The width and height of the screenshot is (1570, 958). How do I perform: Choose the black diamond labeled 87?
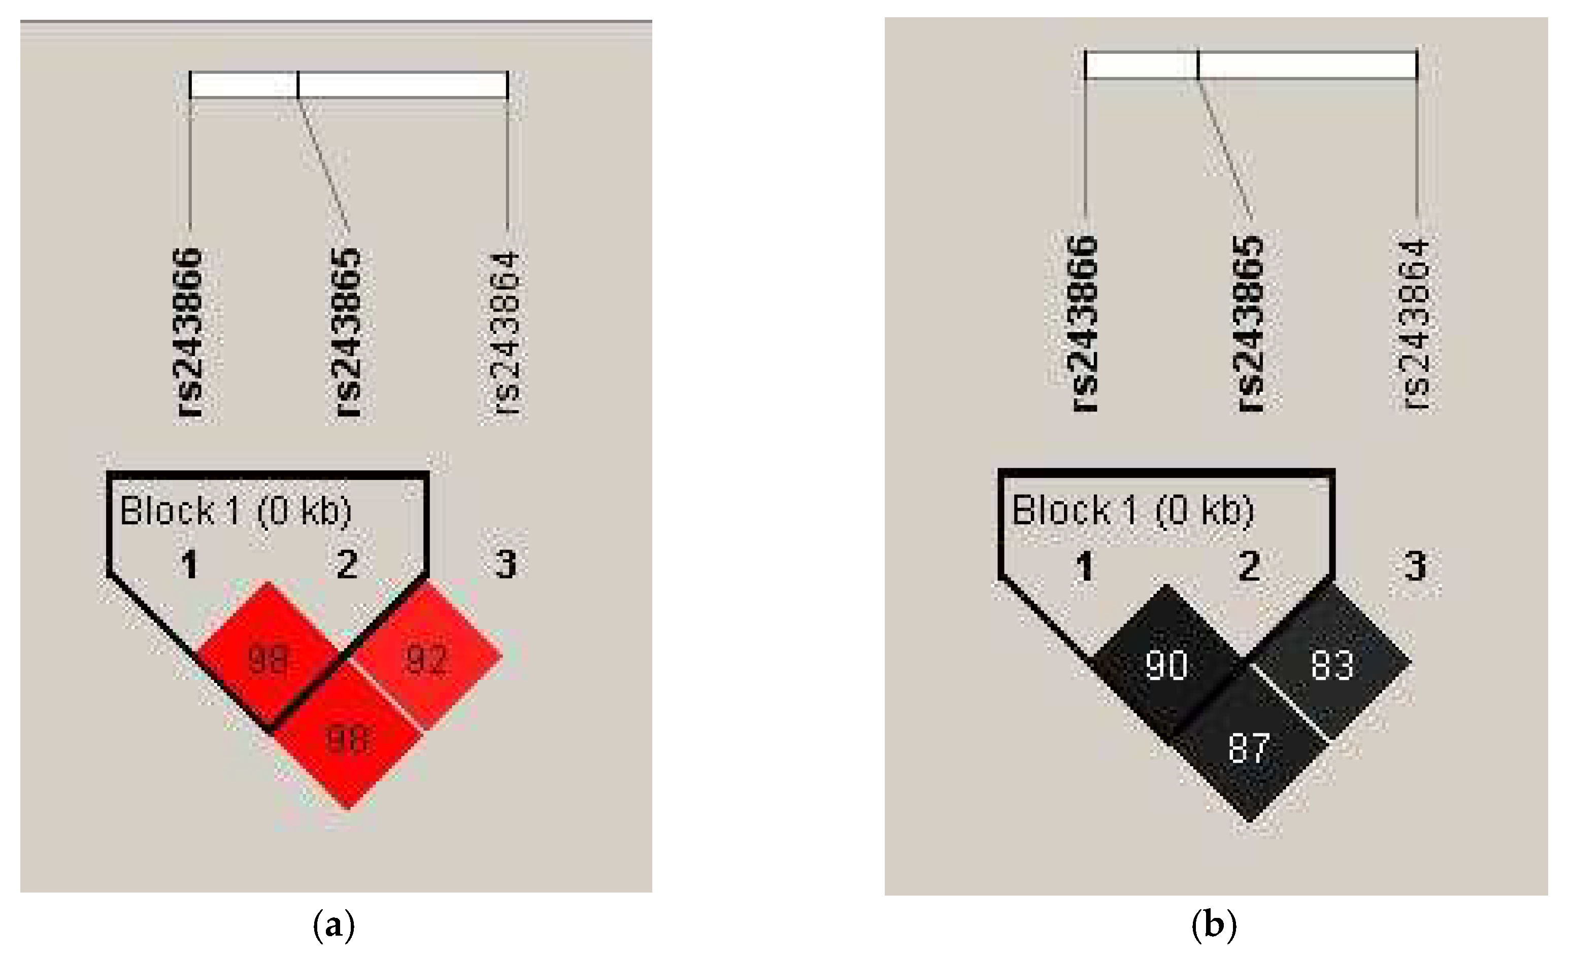1249,748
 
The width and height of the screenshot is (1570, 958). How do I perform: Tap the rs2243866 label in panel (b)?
1083,324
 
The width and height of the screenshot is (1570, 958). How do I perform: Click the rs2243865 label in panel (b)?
1249,324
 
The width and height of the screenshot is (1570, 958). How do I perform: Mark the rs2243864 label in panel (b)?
1415,325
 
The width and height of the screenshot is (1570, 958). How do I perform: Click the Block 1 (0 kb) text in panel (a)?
236,511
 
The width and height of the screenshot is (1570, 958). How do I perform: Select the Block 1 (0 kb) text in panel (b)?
1133,511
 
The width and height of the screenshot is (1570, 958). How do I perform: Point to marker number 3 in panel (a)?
506,564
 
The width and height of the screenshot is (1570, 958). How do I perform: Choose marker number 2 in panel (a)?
347,564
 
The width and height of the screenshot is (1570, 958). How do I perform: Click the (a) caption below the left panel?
334,926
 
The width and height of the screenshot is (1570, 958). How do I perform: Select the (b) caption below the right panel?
1214,926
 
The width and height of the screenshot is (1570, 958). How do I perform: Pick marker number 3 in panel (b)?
1415,566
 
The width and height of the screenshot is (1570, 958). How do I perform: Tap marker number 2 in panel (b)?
1249,566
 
